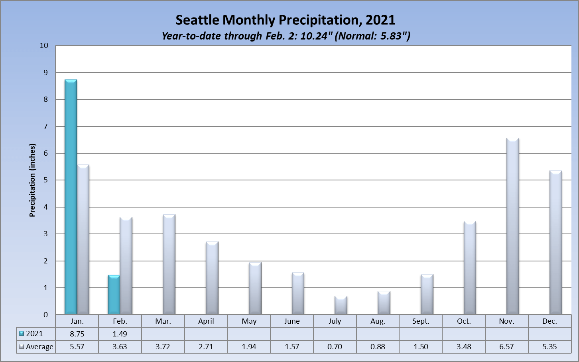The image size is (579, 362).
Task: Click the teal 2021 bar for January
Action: pos(71,197)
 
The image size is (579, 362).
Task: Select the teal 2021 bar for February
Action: pos(114,295)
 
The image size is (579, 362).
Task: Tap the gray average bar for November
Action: pos(513,226)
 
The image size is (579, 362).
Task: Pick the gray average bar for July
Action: pos(341,305)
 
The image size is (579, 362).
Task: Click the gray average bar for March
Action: pos(169,265)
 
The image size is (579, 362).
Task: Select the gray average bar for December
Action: pos(556,243)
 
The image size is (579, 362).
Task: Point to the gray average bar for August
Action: pos(384,303)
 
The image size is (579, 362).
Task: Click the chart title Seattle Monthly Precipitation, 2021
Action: pos(286,20)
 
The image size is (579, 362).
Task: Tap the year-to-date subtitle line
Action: pos(286,36)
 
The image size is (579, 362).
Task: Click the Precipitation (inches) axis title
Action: pos(32,180)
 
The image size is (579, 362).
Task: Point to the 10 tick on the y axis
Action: pos(44,45)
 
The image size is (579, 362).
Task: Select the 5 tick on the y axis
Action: pos(45,180)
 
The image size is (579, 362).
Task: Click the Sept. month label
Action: pos(421,321)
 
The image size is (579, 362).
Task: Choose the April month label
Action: pos(206,321)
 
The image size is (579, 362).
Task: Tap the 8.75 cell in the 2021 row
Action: pos(77,334)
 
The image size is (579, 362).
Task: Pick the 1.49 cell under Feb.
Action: pos(120,334)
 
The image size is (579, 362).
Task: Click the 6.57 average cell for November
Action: pos(506,347)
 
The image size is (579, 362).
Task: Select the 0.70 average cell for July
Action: pos(335,347)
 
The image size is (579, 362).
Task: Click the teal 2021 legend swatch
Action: pos(22,334)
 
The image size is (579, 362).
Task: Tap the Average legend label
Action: pos(39,347)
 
